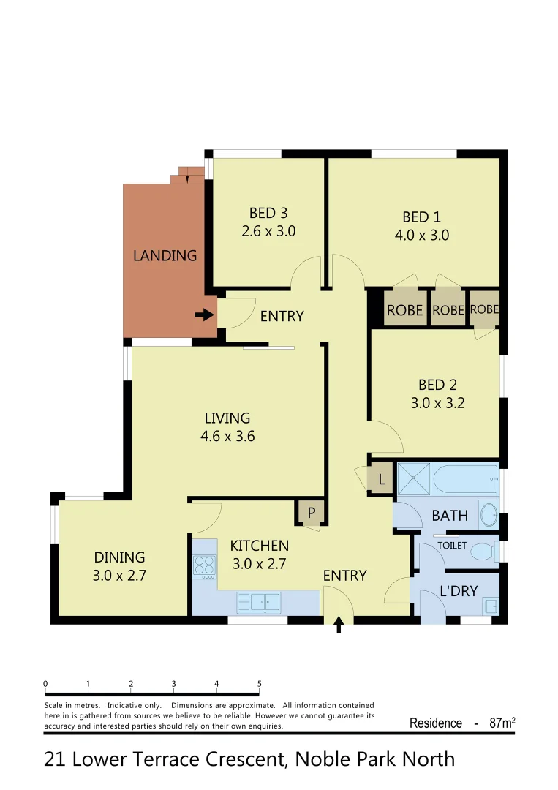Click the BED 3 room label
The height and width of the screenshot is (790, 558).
click(x=268, y=214)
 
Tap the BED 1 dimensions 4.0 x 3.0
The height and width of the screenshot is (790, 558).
click(x=421, y=236)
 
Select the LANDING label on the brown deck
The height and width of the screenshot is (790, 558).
click(x=165, y=256)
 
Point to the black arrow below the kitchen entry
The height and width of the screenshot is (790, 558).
click(x=339, y=624)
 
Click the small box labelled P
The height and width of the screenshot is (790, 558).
click(x=311, y=513)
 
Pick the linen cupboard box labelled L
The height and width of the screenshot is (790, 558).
click(x=381, y=481)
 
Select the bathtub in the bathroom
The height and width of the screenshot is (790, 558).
click(x=465, y=479)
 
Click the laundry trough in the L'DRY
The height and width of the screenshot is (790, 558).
click(x=491, y=606)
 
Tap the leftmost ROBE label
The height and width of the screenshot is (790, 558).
click(x=404, y=310)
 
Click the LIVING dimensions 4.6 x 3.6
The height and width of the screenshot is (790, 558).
click(x=227, y=437)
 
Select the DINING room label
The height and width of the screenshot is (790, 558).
click(x=119, y=557)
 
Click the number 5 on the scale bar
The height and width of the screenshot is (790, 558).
click(x=260, y=685)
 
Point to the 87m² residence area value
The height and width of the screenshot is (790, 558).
click(x=502, y=723)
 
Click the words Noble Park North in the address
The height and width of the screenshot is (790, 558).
click(x=374, y=759)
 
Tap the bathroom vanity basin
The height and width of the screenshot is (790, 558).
click(x=488, y=515)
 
